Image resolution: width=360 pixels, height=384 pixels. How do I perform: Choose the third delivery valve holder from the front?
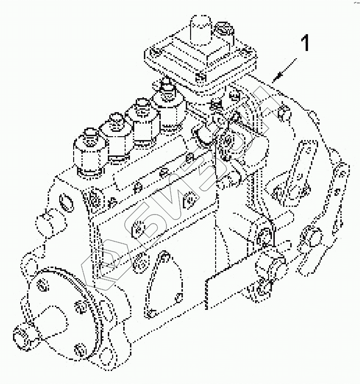pos(141,120)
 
